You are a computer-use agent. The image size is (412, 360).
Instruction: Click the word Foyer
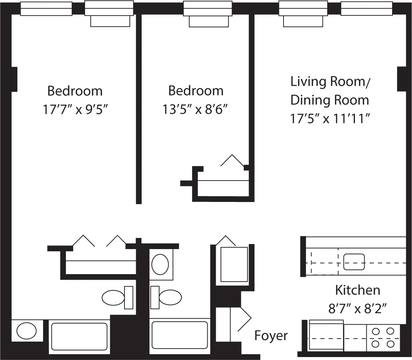tap(271, 336)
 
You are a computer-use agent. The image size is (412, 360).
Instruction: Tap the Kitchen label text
tap(357, 290)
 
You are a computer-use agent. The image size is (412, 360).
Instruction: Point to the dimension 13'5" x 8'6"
tap(196, 109)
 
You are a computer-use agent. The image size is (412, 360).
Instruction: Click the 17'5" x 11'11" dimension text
tap(330, 119)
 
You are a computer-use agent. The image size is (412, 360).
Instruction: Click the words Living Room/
tap(330, 81)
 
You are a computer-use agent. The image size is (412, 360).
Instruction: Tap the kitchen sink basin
tap(354, 262)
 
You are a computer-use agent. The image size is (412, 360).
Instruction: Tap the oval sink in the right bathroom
tap(160, 264)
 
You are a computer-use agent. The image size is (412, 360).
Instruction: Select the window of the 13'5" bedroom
tap(208, 8)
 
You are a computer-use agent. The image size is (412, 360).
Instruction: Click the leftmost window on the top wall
tap(46, 8)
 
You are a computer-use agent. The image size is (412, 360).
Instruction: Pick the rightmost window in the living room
tap(366, 8)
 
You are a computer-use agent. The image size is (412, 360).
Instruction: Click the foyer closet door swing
tap(244, 318)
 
